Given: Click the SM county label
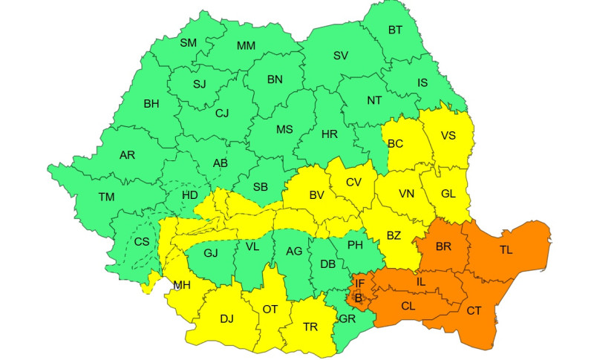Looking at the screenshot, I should [x=188, y=43].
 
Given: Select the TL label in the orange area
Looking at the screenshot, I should [x=506, y=250].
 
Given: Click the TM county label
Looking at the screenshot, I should [x=107, y=197].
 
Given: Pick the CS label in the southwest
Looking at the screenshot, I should [x=141, y=241].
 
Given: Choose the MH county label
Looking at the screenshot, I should [x=182, y=285].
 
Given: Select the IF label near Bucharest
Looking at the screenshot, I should [x=359, y=283].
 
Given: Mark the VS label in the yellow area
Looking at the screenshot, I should [x=448, y=136].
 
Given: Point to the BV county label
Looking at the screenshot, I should [x=317, y=195].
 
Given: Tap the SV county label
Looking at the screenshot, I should [x=340, y=56].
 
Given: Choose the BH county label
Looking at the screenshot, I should [x=151, y=104].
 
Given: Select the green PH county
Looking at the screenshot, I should [x=355, y=244].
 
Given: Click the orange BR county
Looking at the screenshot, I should [x=444, y=246].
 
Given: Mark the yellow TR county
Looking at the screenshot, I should [x=310, y=326].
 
